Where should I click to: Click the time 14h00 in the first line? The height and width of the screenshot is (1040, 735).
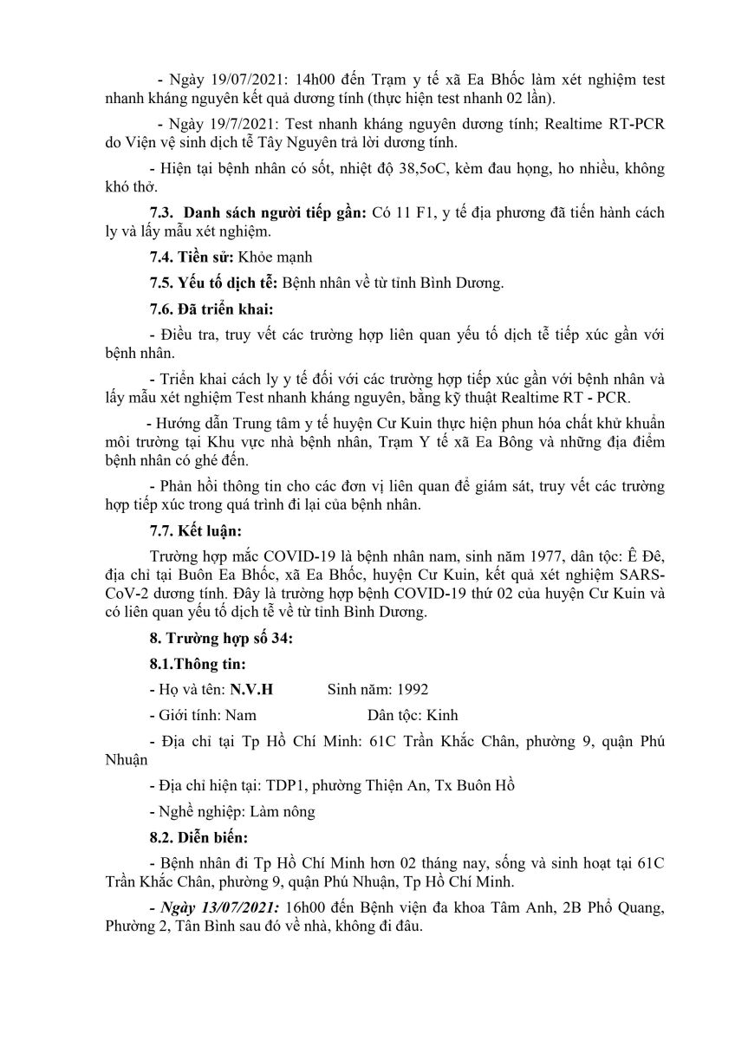click(x=302, y=79)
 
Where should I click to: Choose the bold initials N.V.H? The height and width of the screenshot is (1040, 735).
click(x=250, y=690)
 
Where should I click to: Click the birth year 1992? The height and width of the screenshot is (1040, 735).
click(x=412, y=690)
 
